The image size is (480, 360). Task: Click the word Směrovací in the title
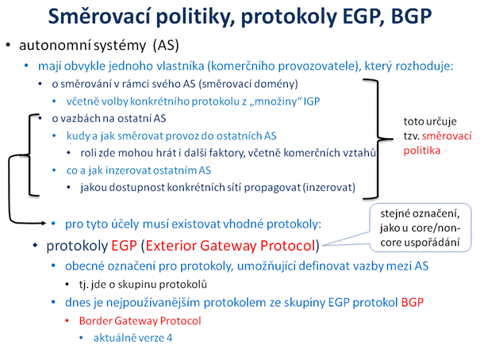[x=100, y=16]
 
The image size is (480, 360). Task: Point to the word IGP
[x=312, y=101]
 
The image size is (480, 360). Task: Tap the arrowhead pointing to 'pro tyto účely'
[x=44, y=224]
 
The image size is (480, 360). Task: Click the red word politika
[x=422, y=151]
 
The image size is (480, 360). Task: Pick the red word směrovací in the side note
[x=447, y=136]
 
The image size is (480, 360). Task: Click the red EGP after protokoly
[x=124, y=246]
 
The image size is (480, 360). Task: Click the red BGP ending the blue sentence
[x=413, y=302]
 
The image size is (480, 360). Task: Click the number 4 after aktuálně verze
[x=169, y=338]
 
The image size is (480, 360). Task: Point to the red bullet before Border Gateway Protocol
[x=67, y=321]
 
